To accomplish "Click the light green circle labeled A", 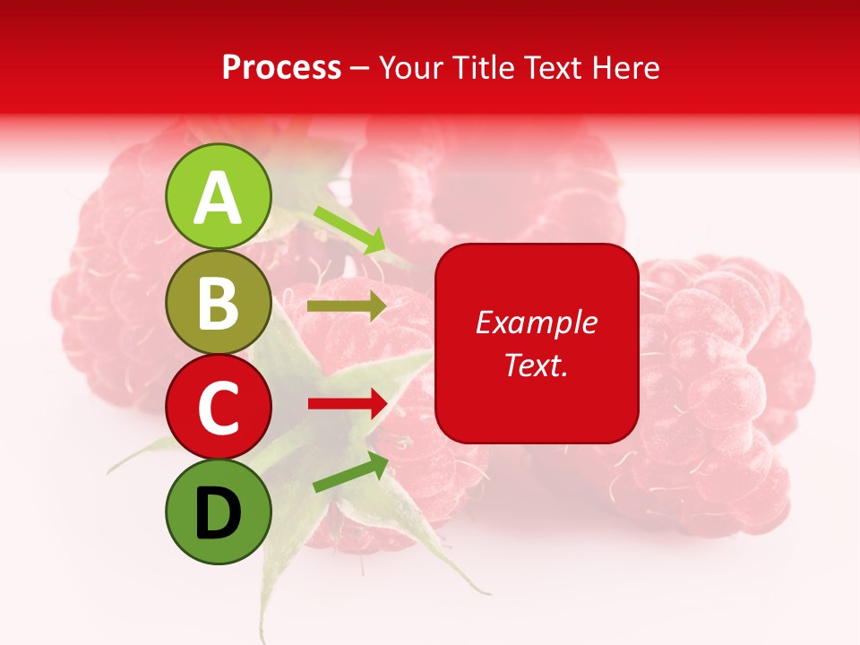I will click(219, 197).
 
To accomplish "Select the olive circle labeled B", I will click(219, 303).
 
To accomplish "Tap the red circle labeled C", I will click(219, 407).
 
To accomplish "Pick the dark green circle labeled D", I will click(219, 512).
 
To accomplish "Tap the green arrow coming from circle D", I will click(350, 472).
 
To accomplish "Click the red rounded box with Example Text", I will click(537, 343).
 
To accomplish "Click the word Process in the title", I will click(281, 67).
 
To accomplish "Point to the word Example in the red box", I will click(537, 322).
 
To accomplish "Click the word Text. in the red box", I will click(537, 365).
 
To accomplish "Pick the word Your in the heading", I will click(411, 67).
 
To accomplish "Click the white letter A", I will click(219, 198).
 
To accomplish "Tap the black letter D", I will click(219, 513).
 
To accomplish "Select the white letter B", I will click(219, 304).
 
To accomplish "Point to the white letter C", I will click(219, 408).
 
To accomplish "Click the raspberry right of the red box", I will click(726, 394).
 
